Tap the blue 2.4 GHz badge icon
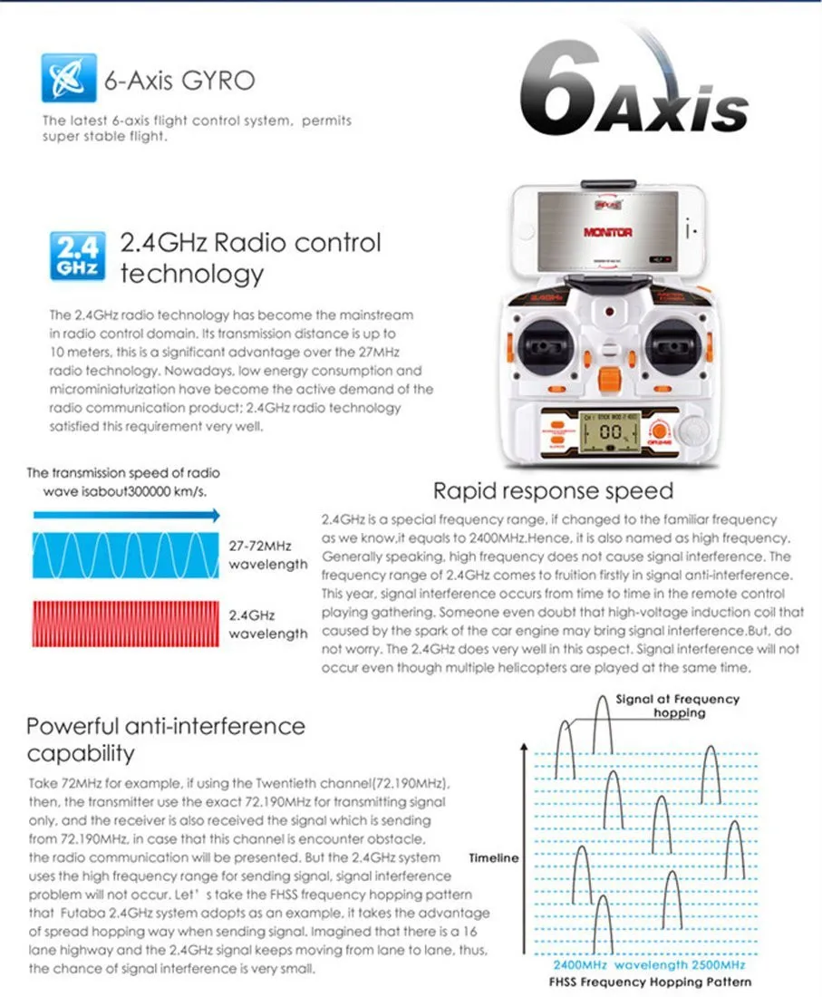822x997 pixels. click(x=75, y=257)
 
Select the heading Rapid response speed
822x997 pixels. click(x=553, y=491)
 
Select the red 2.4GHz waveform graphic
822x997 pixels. click(x=125, y=622)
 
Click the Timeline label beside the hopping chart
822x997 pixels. click(x=494, y=857)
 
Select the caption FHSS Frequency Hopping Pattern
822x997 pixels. click(x=650, y=982)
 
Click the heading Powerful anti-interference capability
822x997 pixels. click(x=166, y=739)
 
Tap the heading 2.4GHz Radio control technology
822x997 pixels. click(x=250, y=257)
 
